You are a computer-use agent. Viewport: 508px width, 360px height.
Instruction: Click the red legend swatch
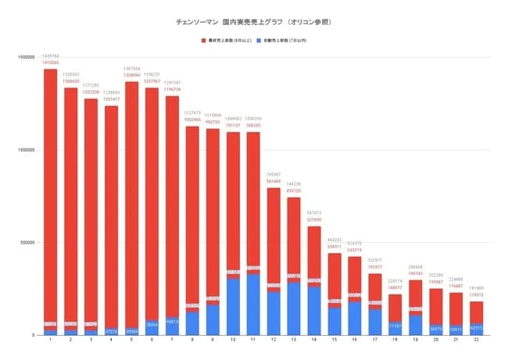pos(203,39)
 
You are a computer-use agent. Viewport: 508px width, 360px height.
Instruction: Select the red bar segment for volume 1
pos(51,195)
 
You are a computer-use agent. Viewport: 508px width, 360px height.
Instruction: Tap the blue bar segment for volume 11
pos(253,305)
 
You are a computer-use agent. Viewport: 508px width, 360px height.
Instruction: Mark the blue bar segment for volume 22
pos(475,329)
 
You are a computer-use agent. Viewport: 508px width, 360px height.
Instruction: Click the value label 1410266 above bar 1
pos(51,63)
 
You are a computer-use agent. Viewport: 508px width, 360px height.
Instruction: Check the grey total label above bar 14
pos(313,212)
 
